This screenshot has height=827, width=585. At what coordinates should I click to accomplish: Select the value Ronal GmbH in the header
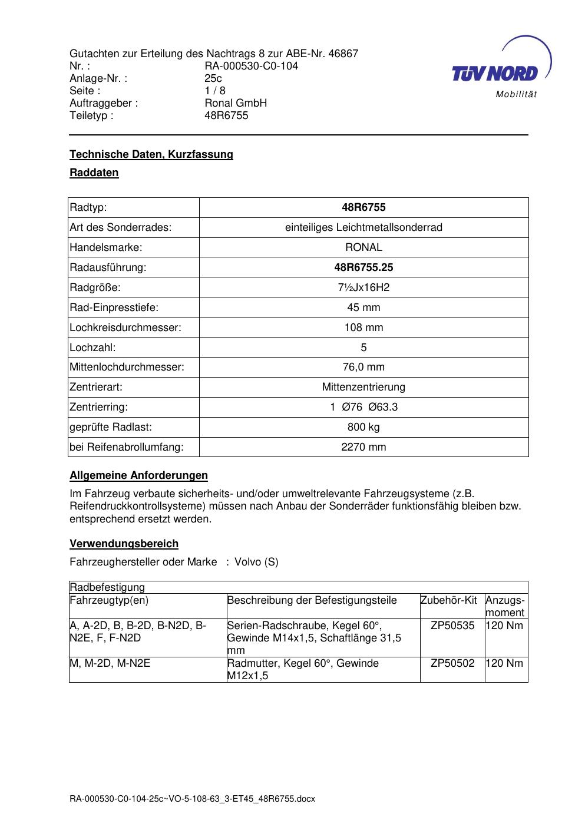coord(236,103)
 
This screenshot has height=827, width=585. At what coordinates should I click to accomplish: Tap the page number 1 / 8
coord(215,91)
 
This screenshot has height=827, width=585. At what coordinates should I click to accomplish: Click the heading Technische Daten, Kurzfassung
coord(151,154)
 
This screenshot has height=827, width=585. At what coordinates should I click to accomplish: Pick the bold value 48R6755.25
coord(363,267)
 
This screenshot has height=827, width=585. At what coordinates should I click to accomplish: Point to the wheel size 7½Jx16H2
coord(363,287)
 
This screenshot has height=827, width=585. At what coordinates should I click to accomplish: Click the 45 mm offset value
coord(363,307)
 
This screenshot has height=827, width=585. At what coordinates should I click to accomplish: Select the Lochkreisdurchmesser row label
coord(125,328)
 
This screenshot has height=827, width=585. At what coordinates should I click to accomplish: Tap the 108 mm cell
coord(363,328)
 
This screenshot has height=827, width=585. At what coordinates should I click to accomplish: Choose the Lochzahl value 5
coord(363,348)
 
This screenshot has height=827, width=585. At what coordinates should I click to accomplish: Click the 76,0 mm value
coord(363,367)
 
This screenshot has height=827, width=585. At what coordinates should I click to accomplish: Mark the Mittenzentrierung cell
coord(363,387)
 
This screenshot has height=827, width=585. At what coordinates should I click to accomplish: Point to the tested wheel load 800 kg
coord(363,427)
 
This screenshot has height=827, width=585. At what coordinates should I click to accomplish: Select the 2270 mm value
coord(363,447)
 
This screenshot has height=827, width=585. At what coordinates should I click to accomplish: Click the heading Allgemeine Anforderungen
coord(138,475)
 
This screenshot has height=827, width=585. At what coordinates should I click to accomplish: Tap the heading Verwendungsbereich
coord(124,544)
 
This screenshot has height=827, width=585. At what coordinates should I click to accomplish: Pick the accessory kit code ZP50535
coord(452,626)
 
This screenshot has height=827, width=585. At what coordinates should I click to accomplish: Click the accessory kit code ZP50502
coord(452,663)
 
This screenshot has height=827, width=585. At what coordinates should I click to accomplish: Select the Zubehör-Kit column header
coord(448,600)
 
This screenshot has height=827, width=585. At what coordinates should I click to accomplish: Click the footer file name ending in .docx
coord(192,799)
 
